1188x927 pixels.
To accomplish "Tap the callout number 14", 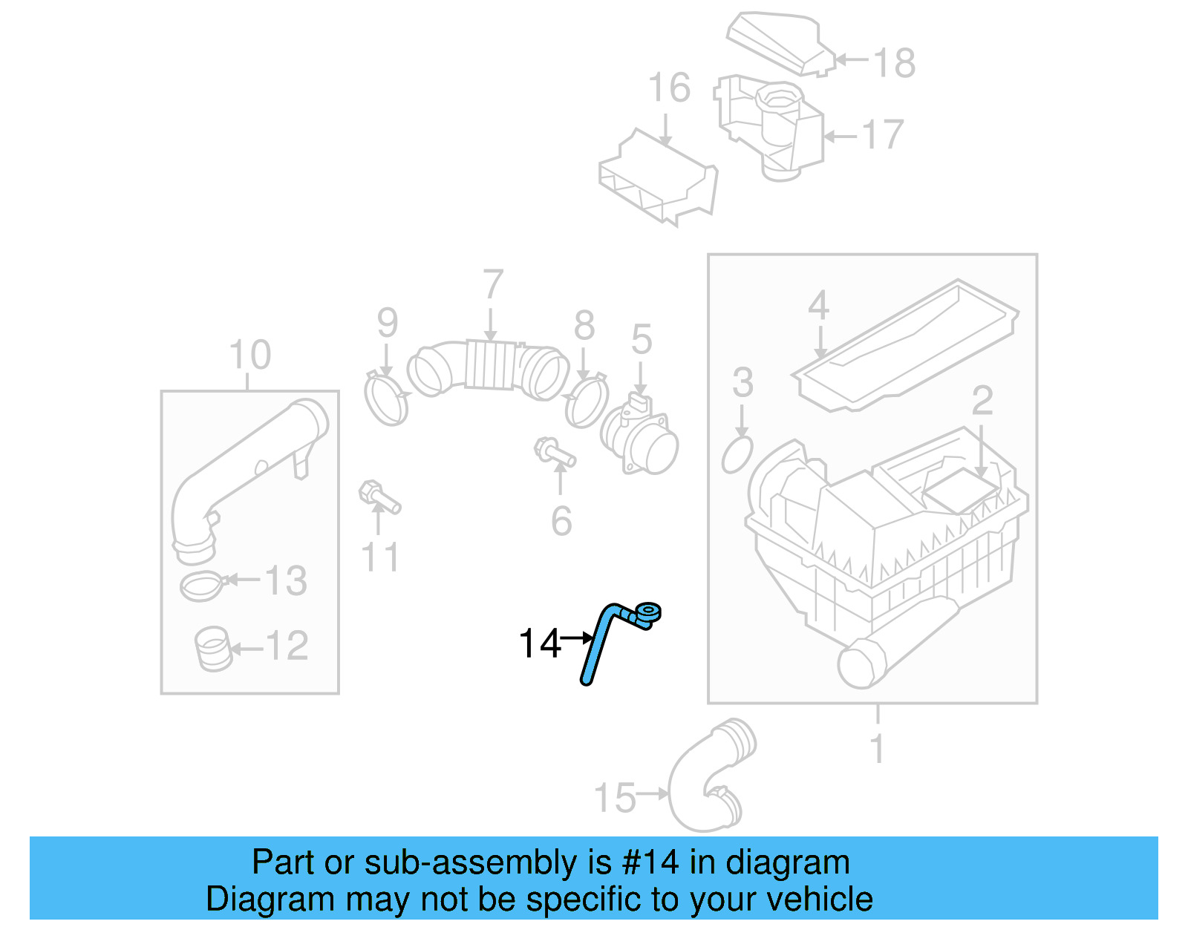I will click(540, 643).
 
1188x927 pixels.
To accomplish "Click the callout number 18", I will click(894, 63).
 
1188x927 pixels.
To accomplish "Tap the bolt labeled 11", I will click(379, 498).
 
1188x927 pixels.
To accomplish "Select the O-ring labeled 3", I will click(737, 455).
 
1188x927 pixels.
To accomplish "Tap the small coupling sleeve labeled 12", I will click(213, 649).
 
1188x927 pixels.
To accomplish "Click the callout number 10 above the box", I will click(250, 355).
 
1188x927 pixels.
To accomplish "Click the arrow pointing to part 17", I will click(841, 136).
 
